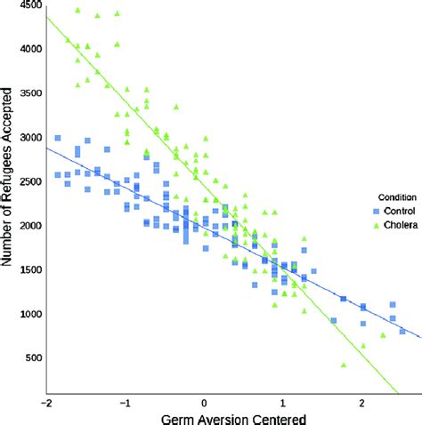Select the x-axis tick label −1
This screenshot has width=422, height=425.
tap(125, 401)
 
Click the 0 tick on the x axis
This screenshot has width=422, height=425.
tap(205, 401)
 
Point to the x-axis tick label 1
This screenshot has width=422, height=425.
tap(283, 401)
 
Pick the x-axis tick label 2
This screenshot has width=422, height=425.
tap(362, 401)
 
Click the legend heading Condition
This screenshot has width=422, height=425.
tap(392, 198)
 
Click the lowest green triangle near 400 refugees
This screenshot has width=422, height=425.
tap(344, 365)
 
